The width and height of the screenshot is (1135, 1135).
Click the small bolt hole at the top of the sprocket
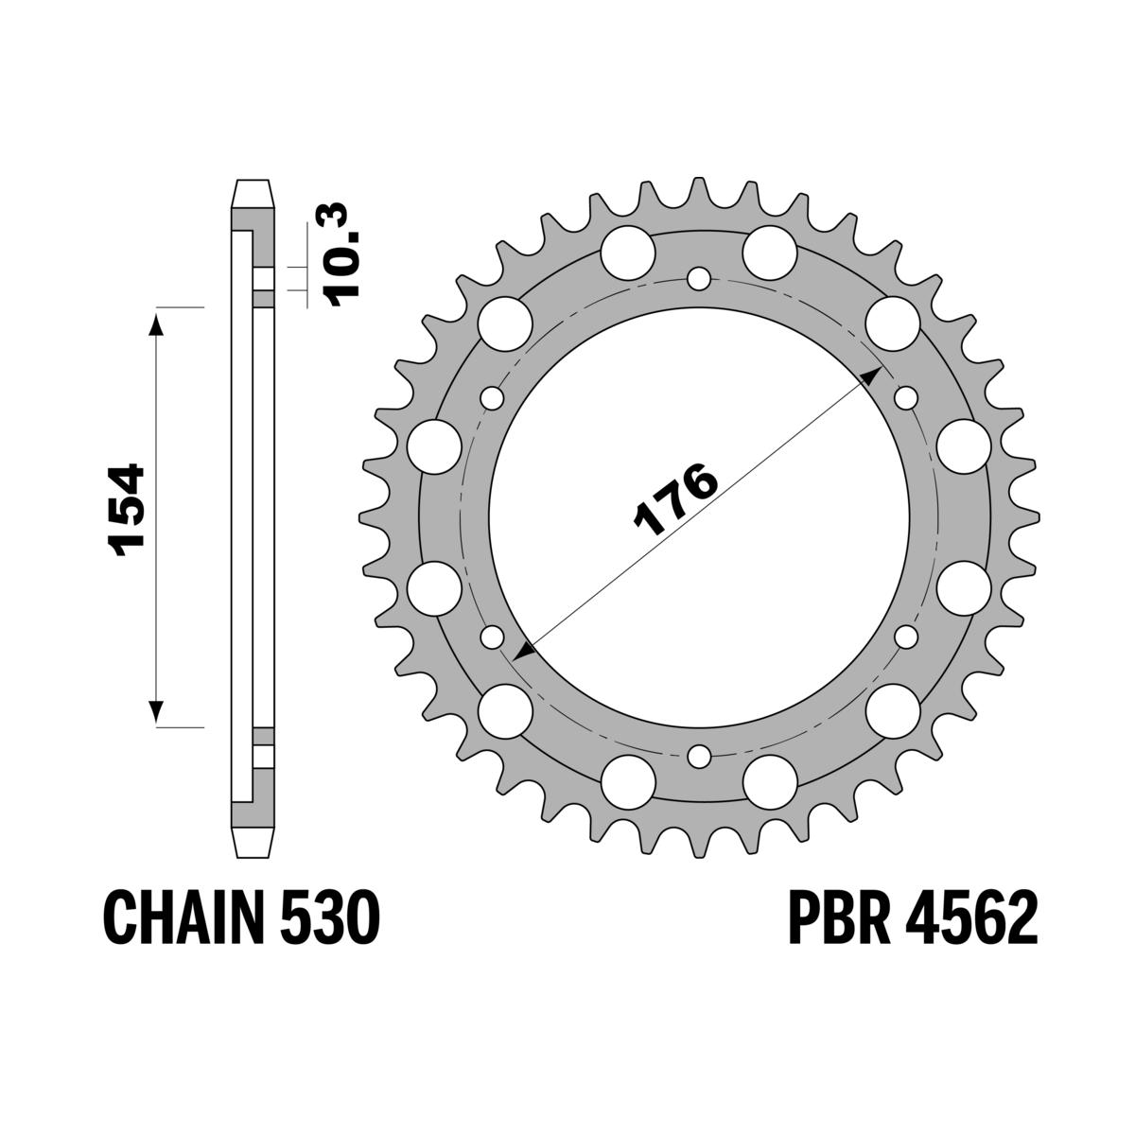coord(699,279)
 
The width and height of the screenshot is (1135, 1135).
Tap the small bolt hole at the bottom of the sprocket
coord(699,756)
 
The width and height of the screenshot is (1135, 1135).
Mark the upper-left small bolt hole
coord(492,398)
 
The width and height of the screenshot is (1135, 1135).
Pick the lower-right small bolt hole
coord(906,637)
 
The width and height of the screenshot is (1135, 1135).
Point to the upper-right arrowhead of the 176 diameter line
coord(870,375)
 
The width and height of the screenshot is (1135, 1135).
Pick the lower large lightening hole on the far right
coord(964,586)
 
